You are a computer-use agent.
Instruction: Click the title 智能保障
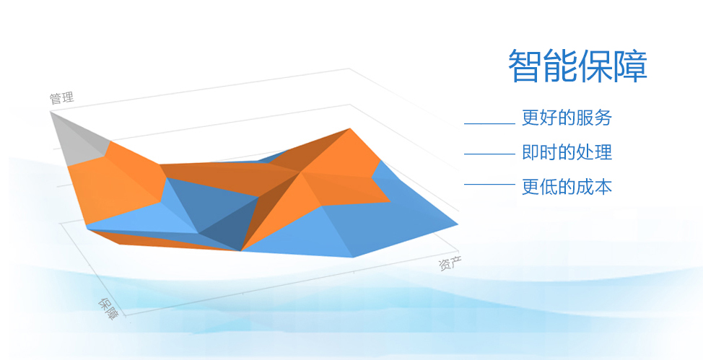577,66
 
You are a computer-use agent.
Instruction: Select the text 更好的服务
567,118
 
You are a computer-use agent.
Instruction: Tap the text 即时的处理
567,152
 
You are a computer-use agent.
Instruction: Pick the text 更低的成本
567,187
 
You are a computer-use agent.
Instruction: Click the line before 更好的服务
489,123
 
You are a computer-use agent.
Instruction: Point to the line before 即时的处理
489,154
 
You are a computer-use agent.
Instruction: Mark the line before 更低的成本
489,184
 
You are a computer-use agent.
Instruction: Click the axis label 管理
61,98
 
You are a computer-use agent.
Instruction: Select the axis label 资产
450,263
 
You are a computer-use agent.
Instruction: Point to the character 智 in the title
525,66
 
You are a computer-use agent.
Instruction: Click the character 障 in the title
630,66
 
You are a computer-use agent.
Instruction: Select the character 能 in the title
560,66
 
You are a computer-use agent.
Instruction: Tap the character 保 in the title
595,66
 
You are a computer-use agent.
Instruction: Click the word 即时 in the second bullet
540,152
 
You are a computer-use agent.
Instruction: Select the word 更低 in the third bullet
540,187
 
